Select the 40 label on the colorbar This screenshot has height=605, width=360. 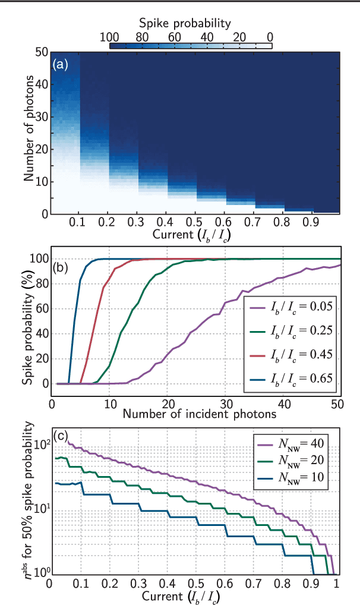207,37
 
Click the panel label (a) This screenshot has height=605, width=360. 61,64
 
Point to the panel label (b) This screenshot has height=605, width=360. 61,250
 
